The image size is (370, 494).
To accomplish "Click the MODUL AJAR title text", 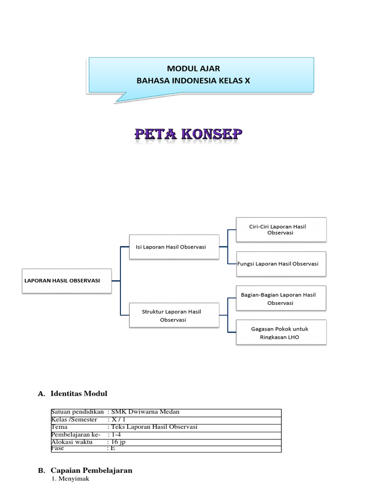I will [193, 69].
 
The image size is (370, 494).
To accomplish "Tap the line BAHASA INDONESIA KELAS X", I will [193, 81].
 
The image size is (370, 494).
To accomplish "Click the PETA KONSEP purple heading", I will [188, 135].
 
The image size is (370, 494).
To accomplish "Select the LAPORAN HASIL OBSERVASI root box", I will [66, 281].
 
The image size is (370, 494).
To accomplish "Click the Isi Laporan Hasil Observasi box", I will [174, 247].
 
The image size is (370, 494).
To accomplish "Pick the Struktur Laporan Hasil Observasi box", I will [174, 316].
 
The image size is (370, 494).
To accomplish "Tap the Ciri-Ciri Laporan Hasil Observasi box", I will [281, 229].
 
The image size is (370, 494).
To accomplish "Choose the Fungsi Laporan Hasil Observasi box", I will [281, 264].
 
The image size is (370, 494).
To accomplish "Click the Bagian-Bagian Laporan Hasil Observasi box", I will [281, 298].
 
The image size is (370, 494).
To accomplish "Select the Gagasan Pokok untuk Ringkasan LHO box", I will [281, 332].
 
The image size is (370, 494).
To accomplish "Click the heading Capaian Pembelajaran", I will [91, 470].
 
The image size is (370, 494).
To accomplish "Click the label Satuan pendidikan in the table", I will [77, 412].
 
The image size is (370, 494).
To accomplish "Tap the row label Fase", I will [58, 448].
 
